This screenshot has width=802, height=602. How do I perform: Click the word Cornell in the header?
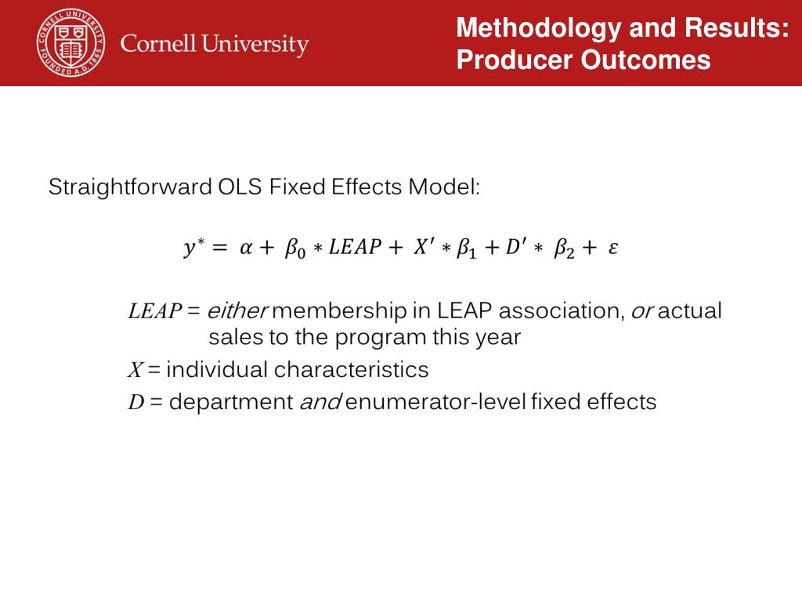point(158,44)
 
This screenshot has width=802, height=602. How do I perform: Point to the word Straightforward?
point(129,188)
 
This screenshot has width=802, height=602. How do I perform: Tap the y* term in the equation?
point(193,248)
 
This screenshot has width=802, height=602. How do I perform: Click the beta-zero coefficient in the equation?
point(294,250)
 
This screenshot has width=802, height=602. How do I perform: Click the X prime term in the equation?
point(425,248)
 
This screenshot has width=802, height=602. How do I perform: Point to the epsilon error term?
point(613,249)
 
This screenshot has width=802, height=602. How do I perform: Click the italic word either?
point(237,312)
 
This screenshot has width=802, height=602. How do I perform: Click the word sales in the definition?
point(233,339)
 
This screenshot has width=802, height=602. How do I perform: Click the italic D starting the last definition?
point(135,403)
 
